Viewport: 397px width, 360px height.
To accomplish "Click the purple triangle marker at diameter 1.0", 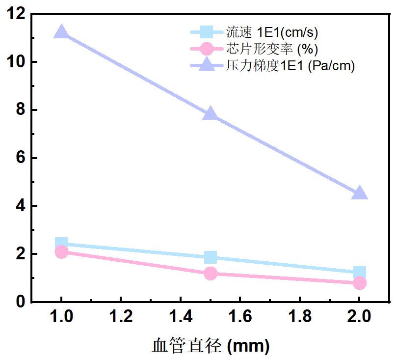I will coord(61,33).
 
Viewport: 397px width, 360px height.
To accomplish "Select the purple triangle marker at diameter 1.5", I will coord(211,114).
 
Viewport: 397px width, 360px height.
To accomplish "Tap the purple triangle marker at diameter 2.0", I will coord(359,193).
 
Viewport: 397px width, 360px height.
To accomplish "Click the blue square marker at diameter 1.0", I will coord(61,243).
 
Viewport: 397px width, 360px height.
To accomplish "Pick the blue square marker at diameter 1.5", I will coord(211,257).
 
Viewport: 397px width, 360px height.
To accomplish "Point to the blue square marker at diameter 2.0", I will coord(359,273).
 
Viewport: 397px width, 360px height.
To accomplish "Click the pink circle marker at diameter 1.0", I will coord(61,252).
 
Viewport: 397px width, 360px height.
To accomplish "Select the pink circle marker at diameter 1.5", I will coord(211,273).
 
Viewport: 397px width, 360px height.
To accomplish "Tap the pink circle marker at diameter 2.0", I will coord(359,283).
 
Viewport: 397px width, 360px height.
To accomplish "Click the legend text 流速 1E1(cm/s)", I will coord(272,33).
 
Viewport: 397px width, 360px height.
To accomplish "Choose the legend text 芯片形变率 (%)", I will coord(272,49).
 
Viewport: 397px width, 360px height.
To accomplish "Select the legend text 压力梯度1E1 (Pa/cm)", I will coord(290,65).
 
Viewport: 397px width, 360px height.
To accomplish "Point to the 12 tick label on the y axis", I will coord(17,14).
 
